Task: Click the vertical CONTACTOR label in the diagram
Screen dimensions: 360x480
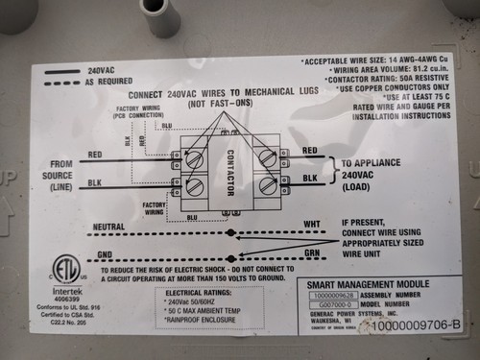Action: coord(230,170)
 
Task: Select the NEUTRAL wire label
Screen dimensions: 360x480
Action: coord(112,228)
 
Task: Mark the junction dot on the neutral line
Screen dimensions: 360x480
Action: coord(230,232)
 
